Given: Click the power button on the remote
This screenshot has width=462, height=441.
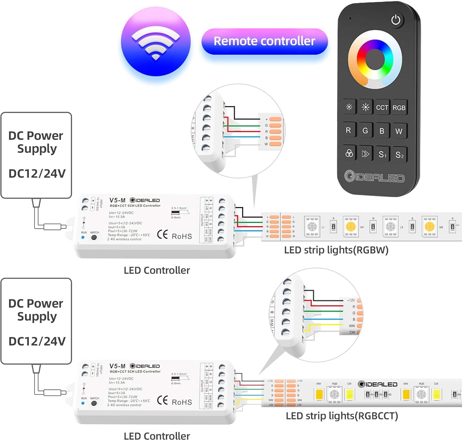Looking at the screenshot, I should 395,20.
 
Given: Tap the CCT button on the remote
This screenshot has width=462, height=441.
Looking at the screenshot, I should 382,107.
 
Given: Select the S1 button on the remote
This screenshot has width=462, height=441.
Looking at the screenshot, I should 382,154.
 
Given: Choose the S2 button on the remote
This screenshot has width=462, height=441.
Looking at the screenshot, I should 399,155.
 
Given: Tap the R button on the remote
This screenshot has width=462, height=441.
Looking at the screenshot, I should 348,130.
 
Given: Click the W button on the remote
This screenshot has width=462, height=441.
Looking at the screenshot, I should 399,131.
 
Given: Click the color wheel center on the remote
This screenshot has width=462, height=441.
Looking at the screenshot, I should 375,59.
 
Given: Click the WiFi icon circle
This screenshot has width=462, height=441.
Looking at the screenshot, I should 156,42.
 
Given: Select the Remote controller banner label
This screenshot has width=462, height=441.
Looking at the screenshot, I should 264,41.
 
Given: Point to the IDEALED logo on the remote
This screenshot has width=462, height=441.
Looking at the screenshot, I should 374,177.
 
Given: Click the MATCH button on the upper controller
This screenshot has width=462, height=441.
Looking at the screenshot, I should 94,237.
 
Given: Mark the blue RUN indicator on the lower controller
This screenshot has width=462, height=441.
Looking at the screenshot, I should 83,403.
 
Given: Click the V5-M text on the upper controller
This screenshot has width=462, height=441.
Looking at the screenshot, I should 117,200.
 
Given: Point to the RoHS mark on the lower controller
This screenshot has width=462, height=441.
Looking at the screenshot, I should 182,402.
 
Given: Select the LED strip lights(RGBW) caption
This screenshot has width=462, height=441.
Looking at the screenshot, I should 336,250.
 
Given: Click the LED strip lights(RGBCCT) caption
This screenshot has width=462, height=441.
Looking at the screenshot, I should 342,416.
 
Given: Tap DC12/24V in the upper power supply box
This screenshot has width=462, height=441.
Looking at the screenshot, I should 37,173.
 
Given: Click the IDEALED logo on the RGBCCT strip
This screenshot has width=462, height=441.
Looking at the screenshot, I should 378,384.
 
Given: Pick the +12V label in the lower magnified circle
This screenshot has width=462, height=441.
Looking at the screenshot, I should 351,300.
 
